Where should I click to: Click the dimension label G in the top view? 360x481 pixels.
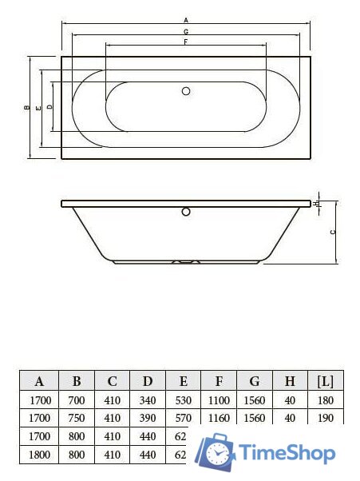tap(185, 30)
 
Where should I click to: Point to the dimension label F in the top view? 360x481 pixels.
tap(185, 41)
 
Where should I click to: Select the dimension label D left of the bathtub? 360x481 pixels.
tap(49, 106)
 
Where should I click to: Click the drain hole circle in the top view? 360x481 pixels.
tap(186, 91)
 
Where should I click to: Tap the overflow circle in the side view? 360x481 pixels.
tap(186, 213)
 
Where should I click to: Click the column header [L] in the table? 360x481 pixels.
tap(325, 380)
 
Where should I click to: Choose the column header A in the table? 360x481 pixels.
tap(39, 380)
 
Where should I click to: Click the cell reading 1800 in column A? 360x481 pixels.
tap(39, 455)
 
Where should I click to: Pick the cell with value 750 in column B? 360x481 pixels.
tap(77, 418)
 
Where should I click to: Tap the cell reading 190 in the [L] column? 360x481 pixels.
tap(325, 418)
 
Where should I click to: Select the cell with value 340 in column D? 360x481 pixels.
tap(148, 400)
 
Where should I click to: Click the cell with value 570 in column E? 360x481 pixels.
tap(183, 418)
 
